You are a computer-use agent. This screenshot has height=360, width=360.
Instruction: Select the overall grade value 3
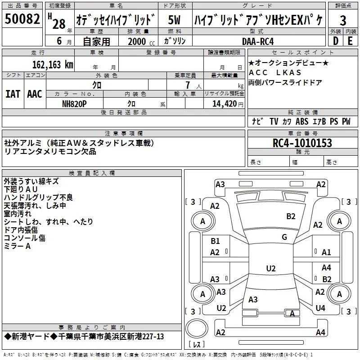[343, 21]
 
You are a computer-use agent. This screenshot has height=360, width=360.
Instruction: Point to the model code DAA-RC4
[257, 41]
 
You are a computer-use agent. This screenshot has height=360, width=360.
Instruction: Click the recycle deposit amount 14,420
[221, 103]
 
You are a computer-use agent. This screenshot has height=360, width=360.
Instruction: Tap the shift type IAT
[13, 94]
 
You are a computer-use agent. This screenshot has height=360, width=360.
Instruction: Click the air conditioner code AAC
[35, 94]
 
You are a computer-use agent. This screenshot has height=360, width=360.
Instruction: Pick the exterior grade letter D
[336, 41]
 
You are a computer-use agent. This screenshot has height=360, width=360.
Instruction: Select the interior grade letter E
[350, 41]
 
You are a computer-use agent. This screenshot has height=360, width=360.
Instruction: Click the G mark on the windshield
[284, 237]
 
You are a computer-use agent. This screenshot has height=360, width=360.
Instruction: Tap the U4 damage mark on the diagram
[320, 308]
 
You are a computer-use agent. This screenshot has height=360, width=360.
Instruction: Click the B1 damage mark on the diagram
[215, 241]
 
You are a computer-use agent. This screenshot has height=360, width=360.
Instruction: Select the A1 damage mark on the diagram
[327, 252]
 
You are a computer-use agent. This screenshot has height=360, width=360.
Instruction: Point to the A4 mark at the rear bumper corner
[320, 333]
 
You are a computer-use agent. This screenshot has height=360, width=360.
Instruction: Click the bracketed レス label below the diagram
[197, 345]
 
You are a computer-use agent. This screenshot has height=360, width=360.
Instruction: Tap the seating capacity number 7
[192, 85]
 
